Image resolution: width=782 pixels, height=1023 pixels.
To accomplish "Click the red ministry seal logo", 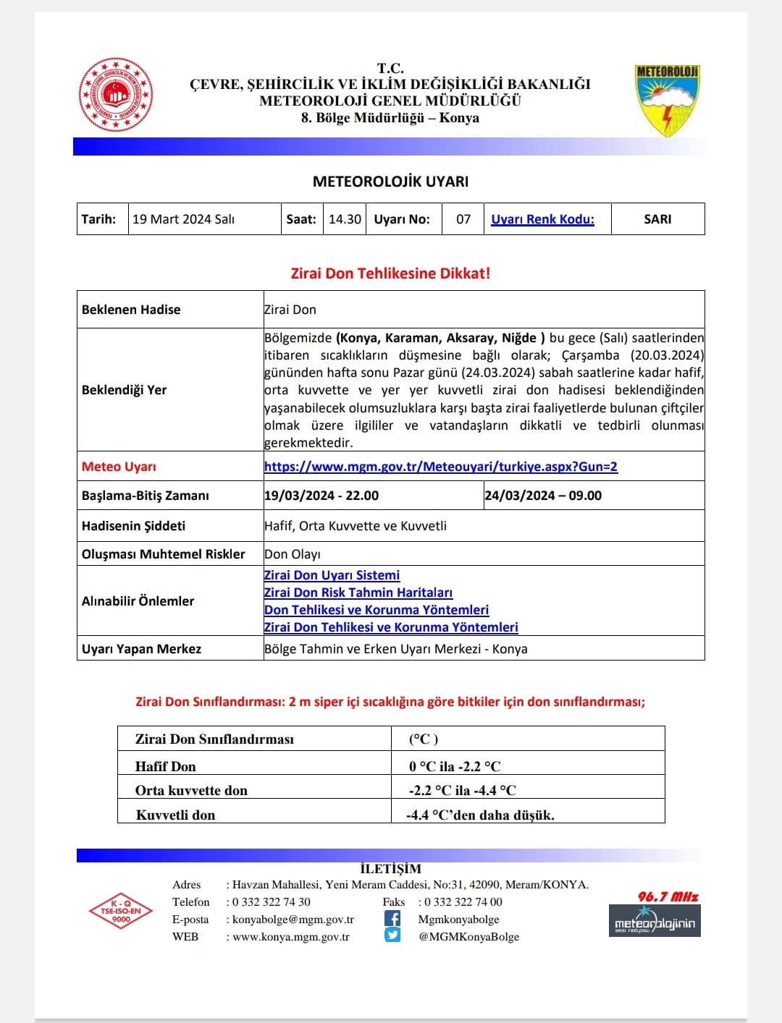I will click(x=116, y=95).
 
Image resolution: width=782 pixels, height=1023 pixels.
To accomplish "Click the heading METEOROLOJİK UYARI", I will click(x=390, y=182).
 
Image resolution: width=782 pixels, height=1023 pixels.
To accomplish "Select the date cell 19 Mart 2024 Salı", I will click(x=184, y=219).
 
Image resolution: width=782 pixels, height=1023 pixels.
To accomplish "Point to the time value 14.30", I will click(x=345, y=219).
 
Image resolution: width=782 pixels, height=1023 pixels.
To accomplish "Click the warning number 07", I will click(x=463, y=219).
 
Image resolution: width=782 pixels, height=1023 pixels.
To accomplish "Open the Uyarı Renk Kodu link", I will click(x=542, y=219).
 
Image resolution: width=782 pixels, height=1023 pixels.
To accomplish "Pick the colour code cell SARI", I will click(x=657, y=219).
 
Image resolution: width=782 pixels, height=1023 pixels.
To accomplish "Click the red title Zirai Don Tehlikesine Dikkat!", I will click(x=390, y=273).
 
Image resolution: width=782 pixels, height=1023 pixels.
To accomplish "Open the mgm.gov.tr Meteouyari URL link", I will click(x=441, y=467).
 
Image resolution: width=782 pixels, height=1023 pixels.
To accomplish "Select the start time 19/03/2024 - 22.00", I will click(x=321, y=496).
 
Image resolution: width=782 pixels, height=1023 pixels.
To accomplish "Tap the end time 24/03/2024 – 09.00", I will click(x=543, y=496).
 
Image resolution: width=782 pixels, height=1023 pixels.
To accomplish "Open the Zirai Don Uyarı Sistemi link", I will click(x=332, y=575).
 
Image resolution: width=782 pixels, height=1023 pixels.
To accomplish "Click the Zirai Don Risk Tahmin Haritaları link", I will click(x=358, y=593).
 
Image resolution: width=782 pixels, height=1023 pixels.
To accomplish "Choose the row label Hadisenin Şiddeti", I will click(x=134, y=526).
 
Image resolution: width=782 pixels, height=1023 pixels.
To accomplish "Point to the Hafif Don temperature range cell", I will click(x=455, y=766).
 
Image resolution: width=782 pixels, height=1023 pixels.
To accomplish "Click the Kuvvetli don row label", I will click(x=176, y=815).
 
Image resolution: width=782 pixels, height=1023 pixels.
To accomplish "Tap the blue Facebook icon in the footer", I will click(x=392, y=919).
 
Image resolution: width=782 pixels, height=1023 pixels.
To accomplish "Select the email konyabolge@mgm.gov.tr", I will click(x=293, y=920).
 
